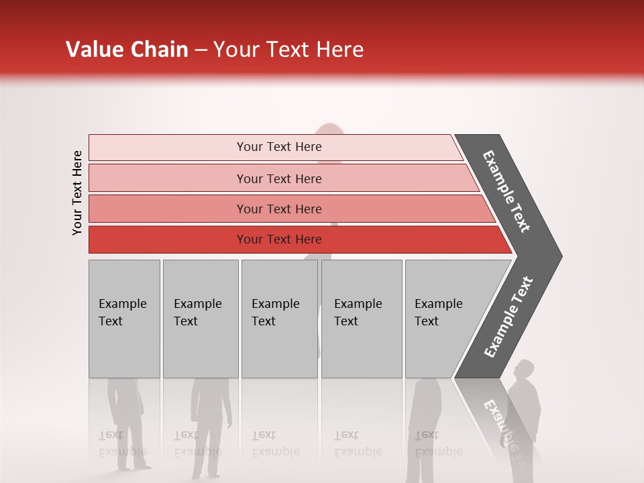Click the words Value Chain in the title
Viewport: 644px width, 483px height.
coord(127,50)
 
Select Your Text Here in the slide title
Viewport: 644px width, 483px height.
coord(288,50)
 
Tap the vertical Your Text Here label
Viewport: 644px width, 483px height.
coord(77,193)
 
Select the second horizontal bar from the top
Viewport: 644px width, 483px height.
coord(278,178)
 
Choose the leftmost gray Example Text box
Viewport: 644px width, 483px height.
coord(124,319)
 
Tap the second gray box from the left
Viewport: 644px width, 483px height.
coord(200,319)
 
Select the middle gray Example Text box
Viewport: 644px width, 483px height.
coord(279,319)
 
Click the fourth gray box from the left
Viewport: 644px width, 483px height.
coord(362,319)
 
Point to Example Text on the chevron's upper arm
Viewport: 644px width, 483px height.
coord(506,191)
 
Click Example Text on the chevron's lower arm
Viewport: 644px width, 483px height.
coord(508,317)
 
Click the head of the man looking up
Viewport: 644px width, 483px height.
coord(524,370)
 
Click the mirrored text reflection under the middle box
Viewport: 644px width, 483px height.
coord(275,444)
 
